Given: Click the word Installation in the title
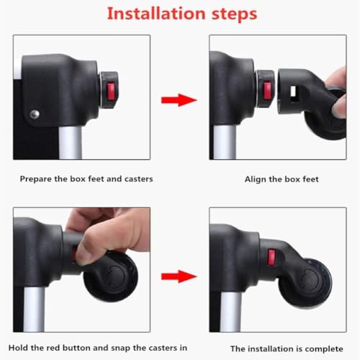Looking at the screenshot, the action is click(x=156, y=14).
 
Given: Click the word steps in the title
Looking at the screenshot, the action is click(x=235, y=14).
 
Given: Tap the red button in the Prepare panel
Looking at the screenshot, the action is click(x=111, y=91).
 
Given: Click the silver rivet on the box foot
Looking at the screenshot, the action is click(x=35, y=114).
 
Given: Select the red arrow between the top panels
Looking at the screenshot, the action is click(x=179, y=100).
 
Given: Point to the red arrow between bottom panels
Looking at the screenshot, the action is click(x=179, y=276).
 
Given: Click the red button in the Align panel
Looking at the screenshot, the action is click(x=267, y=91).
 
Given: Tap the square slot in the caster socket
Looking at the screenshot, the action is click(x=293, y=91).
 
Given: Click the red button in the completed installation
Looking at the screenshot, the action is click(x=271, y=257).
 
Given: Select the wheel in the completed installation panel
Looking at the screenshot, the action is click(x=305, y=283).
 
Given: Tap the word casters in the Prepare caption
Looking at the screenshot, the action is click(x=139, y=179).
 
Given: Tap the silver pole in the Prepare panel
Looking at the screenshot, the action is click(x=71, y=143).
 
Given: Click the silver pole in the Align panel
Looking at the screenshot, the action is click(x=225, y=142).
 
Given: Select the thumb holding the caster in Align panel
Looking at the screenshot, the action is click(x=339, y=107).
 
